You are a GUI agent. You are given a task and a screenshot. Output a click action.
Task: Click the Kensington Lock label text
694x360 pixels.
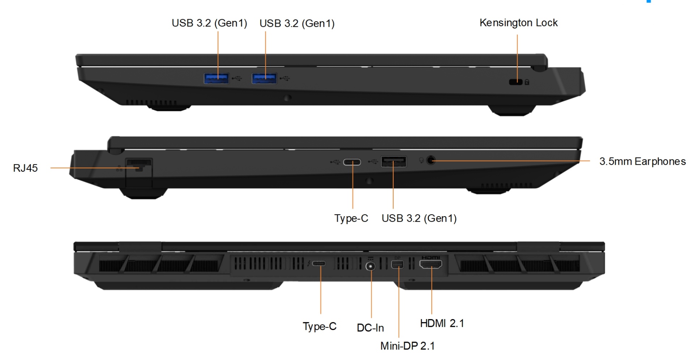(518, 23)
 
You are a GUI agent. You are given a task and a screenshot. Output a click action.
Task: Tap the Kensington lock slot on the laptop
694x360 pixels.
(515, 82)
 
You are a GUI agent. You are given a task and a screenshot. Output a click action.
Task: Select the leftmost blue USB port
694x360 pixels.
(216, 78)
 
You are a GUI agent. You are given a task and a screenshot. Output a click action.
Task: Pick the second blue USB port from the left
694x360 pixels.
(264, 78)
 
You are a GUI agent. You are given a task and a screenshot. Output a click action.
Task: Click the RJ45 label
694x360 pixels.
(25, 168)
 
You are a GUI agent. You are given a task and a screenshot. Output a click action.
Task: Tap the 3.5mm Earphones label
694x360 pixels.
(642, 161)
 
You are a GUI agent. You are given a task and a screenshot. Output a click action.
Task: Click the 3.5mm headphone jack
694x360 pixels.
(430, 160)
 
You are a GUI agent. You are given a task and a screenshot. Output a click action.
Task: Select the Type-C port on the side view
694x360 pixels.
(352, 162)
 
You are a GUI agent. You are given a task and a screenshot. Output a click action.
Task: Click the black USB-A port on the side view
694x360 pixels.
(394, 162)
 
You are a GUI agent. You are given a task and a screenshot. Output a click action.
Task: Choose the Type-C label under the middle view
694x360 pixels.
(351, 218)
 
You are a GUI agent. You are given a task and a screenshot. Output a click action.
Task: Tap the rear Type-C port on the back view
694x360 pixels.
(318, 263)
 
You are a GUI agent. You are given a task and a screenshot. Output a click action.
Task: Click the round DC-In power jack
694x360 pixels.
(370, 267)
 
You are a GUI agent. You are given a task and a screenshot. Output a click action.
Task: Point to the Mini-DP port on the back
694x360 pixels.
(397, 265)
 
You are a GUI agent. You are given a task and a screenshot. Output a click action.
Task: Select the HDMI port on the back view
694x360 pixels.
(430, 265)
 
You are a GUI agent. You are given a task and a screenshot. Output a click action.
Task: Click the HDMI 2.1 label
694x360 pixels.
(442, 323)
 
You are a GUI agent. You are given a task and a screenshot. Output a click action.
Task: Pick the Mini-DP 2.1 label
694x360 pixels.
(407, 346)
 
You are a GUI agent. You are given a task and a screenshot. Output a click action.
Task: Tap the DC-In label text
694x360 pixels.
(370, 328)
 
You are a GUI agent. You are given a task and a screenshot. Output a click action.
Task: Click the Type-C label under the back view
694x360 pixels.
(320, 326)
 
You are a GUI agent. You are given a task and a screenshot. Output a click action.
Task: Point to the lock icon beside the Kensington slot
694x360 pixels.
(527, 82)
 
